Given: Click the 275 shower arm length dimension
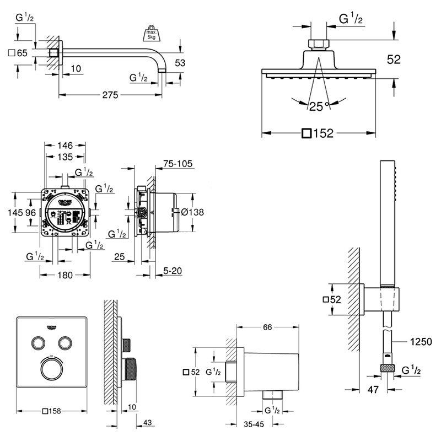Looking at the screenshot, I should coord(110,95).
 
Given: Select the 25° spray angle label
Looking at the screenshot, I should coord(319,106).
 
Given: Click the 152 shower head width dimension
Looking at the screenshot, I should coord(323,133).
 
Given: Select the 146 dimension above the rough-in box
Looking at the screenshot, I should coord(66,146).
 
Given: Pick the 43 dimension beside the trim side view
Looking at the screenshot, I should coord(147,423).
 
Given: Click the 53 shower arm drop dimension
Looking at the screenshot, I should coord(180,63).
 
